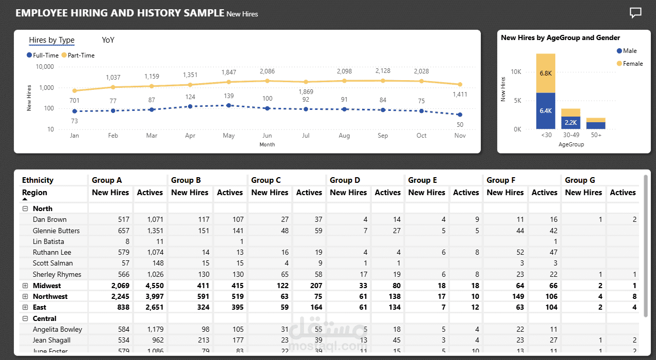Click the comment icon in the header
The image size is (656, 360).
635,13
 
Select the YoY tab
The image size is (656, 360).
108,40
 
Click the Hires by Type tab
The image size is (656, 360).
52,40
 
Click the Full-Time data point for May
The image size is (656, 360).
229,105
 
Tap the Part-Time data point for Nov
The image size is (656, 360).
460,84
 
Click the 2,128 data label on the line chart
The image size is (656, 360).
383,71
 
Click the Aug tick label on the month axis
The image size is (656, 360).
344,136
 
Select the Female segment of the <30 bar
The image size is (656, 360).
546,73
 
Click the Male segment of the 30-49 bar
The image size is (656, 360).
571,122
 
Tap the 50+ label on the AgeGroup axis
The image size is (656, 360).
596,135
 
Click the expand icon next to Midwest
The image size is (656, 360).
25,286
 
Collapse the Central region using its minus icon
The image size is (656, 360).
25,318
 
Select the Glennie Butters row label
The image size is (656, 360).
57,231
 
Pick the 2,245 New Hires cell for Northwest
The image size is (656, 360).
119,296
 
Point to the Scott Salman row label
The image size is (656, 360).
53,263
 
